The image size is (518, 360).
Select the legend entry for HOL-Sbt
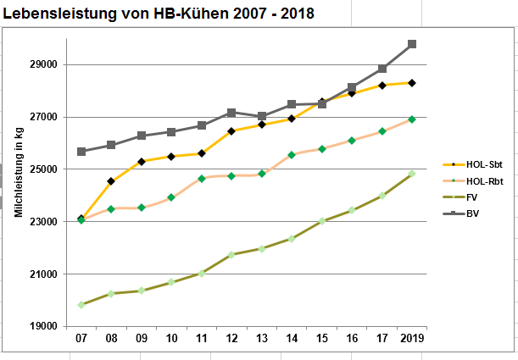[477, 165]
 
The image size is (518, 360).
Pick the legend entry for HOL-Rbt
[477, 181]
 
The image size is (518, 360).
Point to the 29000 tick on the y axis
[42, 64]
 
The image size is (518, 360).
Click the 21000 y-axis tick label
[42, 274]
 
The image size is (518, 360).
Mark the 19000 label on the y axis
[42, 326]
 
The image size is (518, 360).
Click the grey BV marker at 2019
[412, 44]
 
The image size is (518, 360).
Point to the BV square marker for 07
[81, 152]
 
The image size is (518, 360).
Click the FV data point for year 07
[81, 305]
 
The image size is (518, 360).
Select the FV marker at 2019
[412, 174]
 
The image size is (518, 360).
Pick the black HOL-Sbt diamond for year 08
[111, 181]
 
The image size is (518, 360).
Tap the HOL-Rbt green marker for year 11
[202, 179]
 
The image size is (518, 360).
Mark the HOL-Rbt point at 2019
[412, 119]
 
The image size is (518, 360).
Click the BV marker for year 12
[231, 113]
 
